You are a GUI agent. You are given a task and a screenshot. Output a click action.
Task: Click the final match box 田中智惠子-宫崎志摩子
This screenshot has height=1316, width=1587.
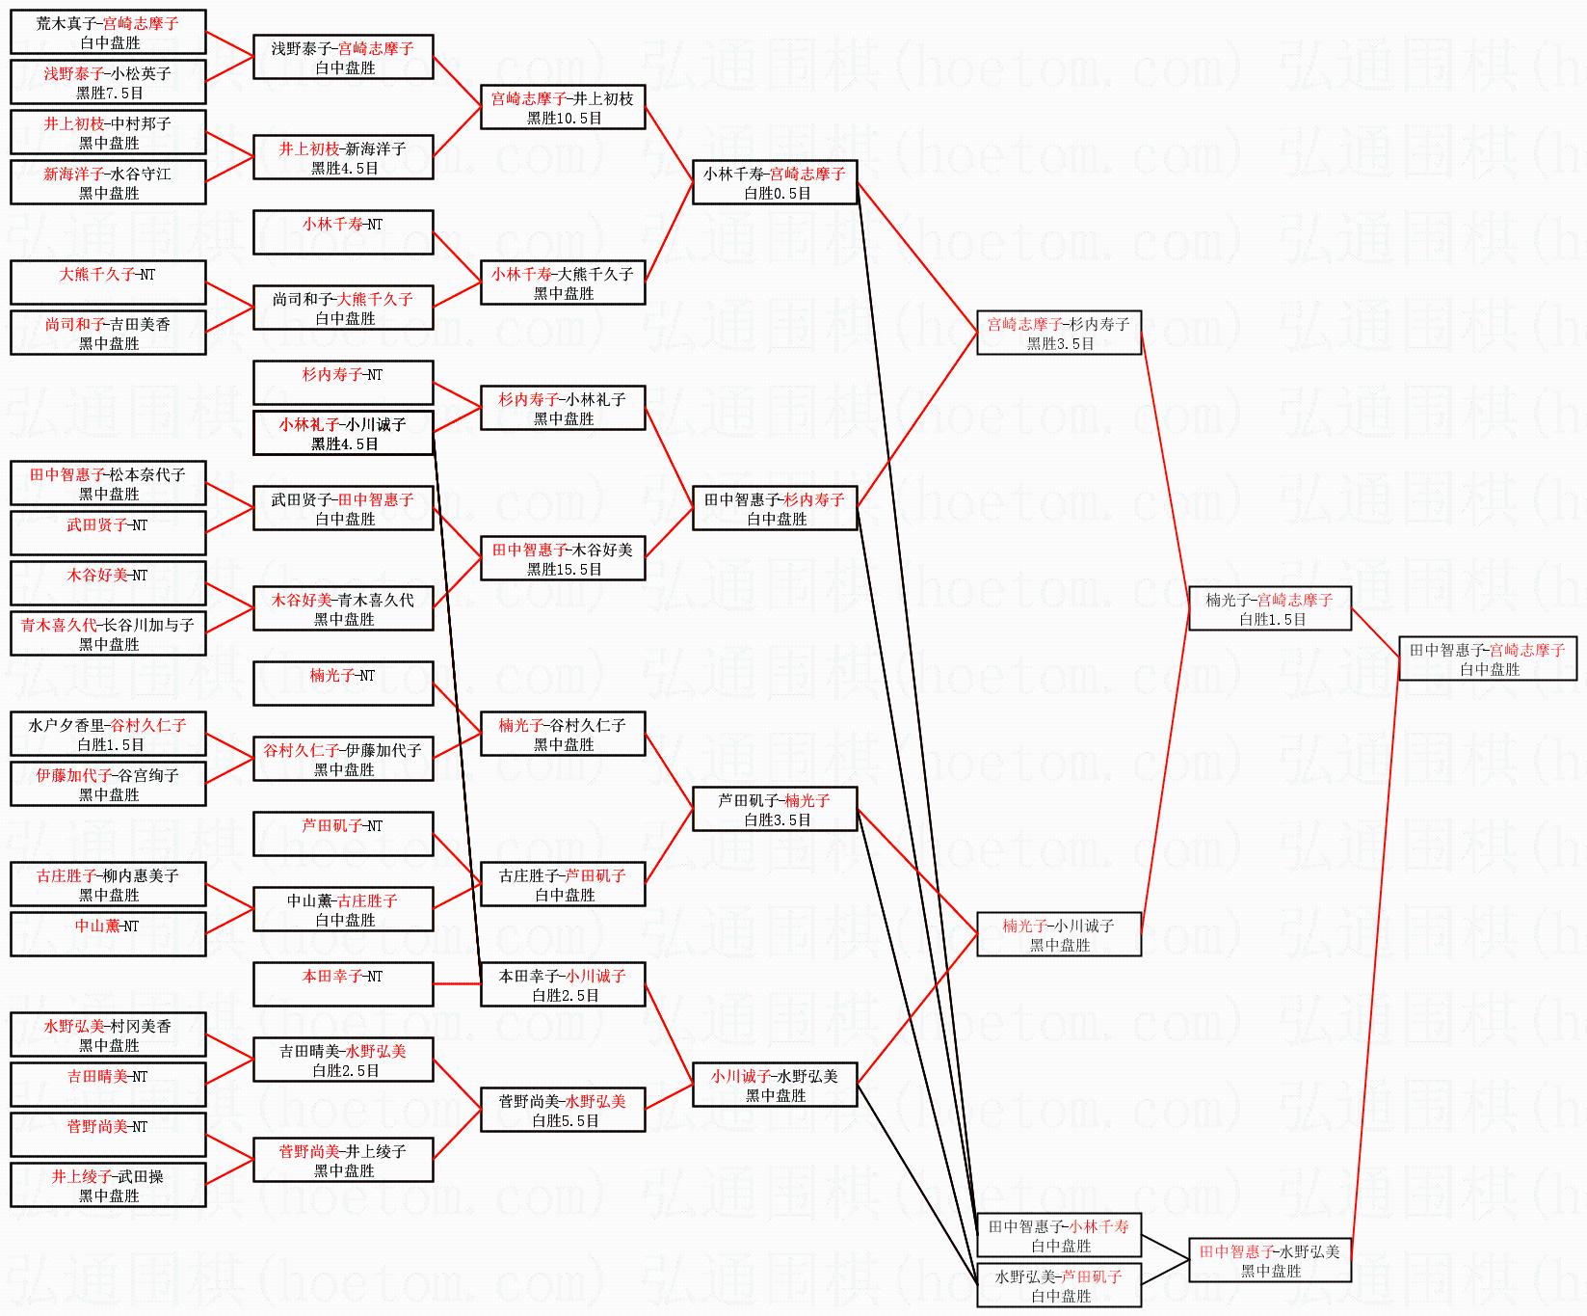(x=1488, y=659)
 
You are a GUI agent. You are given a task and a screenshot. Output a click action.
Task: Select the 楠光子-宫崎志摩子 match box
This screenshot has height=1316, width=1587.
(x=1270, y=609)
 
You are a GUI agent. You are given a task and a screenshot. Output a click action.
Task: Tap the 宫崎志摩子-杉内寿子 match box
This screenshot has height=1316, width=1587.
(x=1059, y=334)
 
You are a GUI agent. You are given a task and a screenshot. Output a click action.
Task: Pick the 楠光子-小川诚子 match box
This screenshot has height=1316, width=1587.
(x=1059, y=935)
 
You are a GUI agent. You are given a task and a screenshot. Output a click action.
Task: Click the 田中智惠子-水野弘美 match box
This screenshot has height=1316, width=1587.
(x=1270, y=1261)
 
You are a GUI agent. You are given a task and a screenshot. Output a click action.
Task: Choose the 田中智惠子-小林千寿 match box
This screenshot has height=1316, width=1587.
(x=1059, y=1236)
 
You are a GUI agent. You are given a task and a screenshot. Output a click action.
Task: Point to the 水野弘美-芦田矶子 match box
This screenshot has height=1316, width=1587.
(x=1059, y=1286)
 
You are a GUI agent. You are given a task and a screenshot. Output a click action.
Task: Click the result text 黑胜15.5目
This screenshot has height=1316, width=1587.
(x=564, y=570)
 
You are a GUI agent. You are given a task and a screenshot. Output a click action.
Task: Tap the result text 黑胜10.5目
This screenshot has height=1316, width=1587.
(x=564, y=119)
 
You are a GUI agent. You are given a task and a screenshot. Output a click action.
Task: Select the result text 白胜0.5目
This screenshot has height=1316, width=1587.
(x=776, y=194)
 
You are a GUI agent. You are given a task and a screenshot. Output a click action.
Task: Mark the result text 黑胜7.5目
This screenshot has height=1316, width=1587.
(x=109, y=94)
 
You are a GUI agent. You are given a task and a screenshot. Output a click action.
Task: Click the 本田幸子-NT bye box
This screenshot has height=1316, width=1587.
(x=343, y=984)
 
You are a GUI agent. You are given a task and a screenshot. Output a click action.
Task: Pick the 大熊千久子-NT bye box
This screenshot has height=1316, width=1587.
(x=108, y=282)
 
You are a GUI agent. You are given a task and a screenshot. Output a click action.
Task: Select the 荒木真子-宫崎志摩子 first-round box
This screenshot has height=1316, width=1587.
(x=108, y=32)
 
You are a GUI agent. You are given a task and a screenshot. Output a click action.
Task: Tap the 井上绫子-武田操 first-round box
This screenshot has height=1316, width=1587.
(x=108, y=1185)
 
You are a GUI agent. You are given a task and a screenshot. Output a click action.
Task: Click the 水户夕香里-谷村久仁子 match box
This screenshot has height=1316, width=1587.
(x=108, y=734)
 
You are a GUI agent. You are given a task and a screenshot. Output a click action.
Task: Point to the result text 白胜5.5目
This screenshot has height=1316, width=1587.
(x=565, y=1121)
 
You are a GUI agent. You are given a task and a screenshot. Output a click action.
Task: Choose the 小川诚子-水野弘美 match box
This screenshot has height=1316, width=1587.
(x=775, y=1085)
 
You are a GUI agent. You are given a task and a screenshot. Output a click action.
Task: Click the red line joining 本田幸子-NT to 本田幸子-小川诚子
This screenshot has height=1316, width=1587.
(x=457, y=984)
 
